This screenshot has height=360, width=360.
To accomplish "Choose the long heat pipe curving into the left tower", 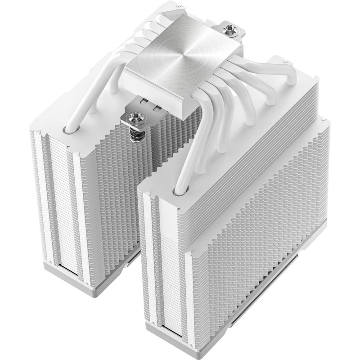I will point(90,94).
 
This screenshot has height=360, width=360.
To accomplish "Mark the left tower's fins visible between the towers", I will point(135,180).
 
